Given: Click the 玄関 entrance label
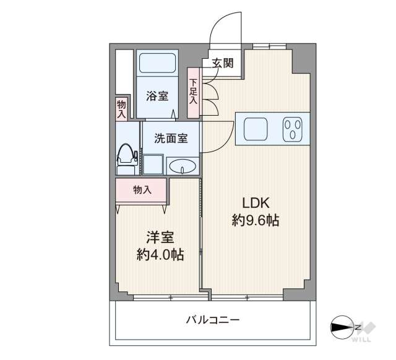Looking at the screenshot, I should (x=223, y=63).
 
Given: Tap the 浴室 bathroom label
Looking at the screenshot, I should (x=157, y=96).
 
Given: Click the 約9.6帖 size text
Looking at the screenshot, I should (x=256, y=220).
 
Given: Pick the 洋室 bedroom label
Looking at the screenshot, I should (x=160, y=237).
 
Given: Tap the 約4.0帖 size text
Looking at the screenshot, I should (x=160, y=255).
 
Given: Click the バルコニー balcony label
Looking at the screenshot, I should (x=213, y=320).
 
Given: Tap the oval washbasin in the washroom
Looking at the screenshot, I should (x=183, y=166).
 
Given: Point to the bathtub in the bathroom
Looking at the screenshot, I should (x=157, y=62).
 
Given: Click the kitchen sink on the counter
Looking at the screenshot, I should (x=255, y=129).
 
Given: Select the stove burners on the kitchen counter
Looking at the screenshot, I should (x=292, y=129).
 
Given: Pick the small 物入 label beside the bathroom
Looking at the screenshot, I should (x=121, y=109).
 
